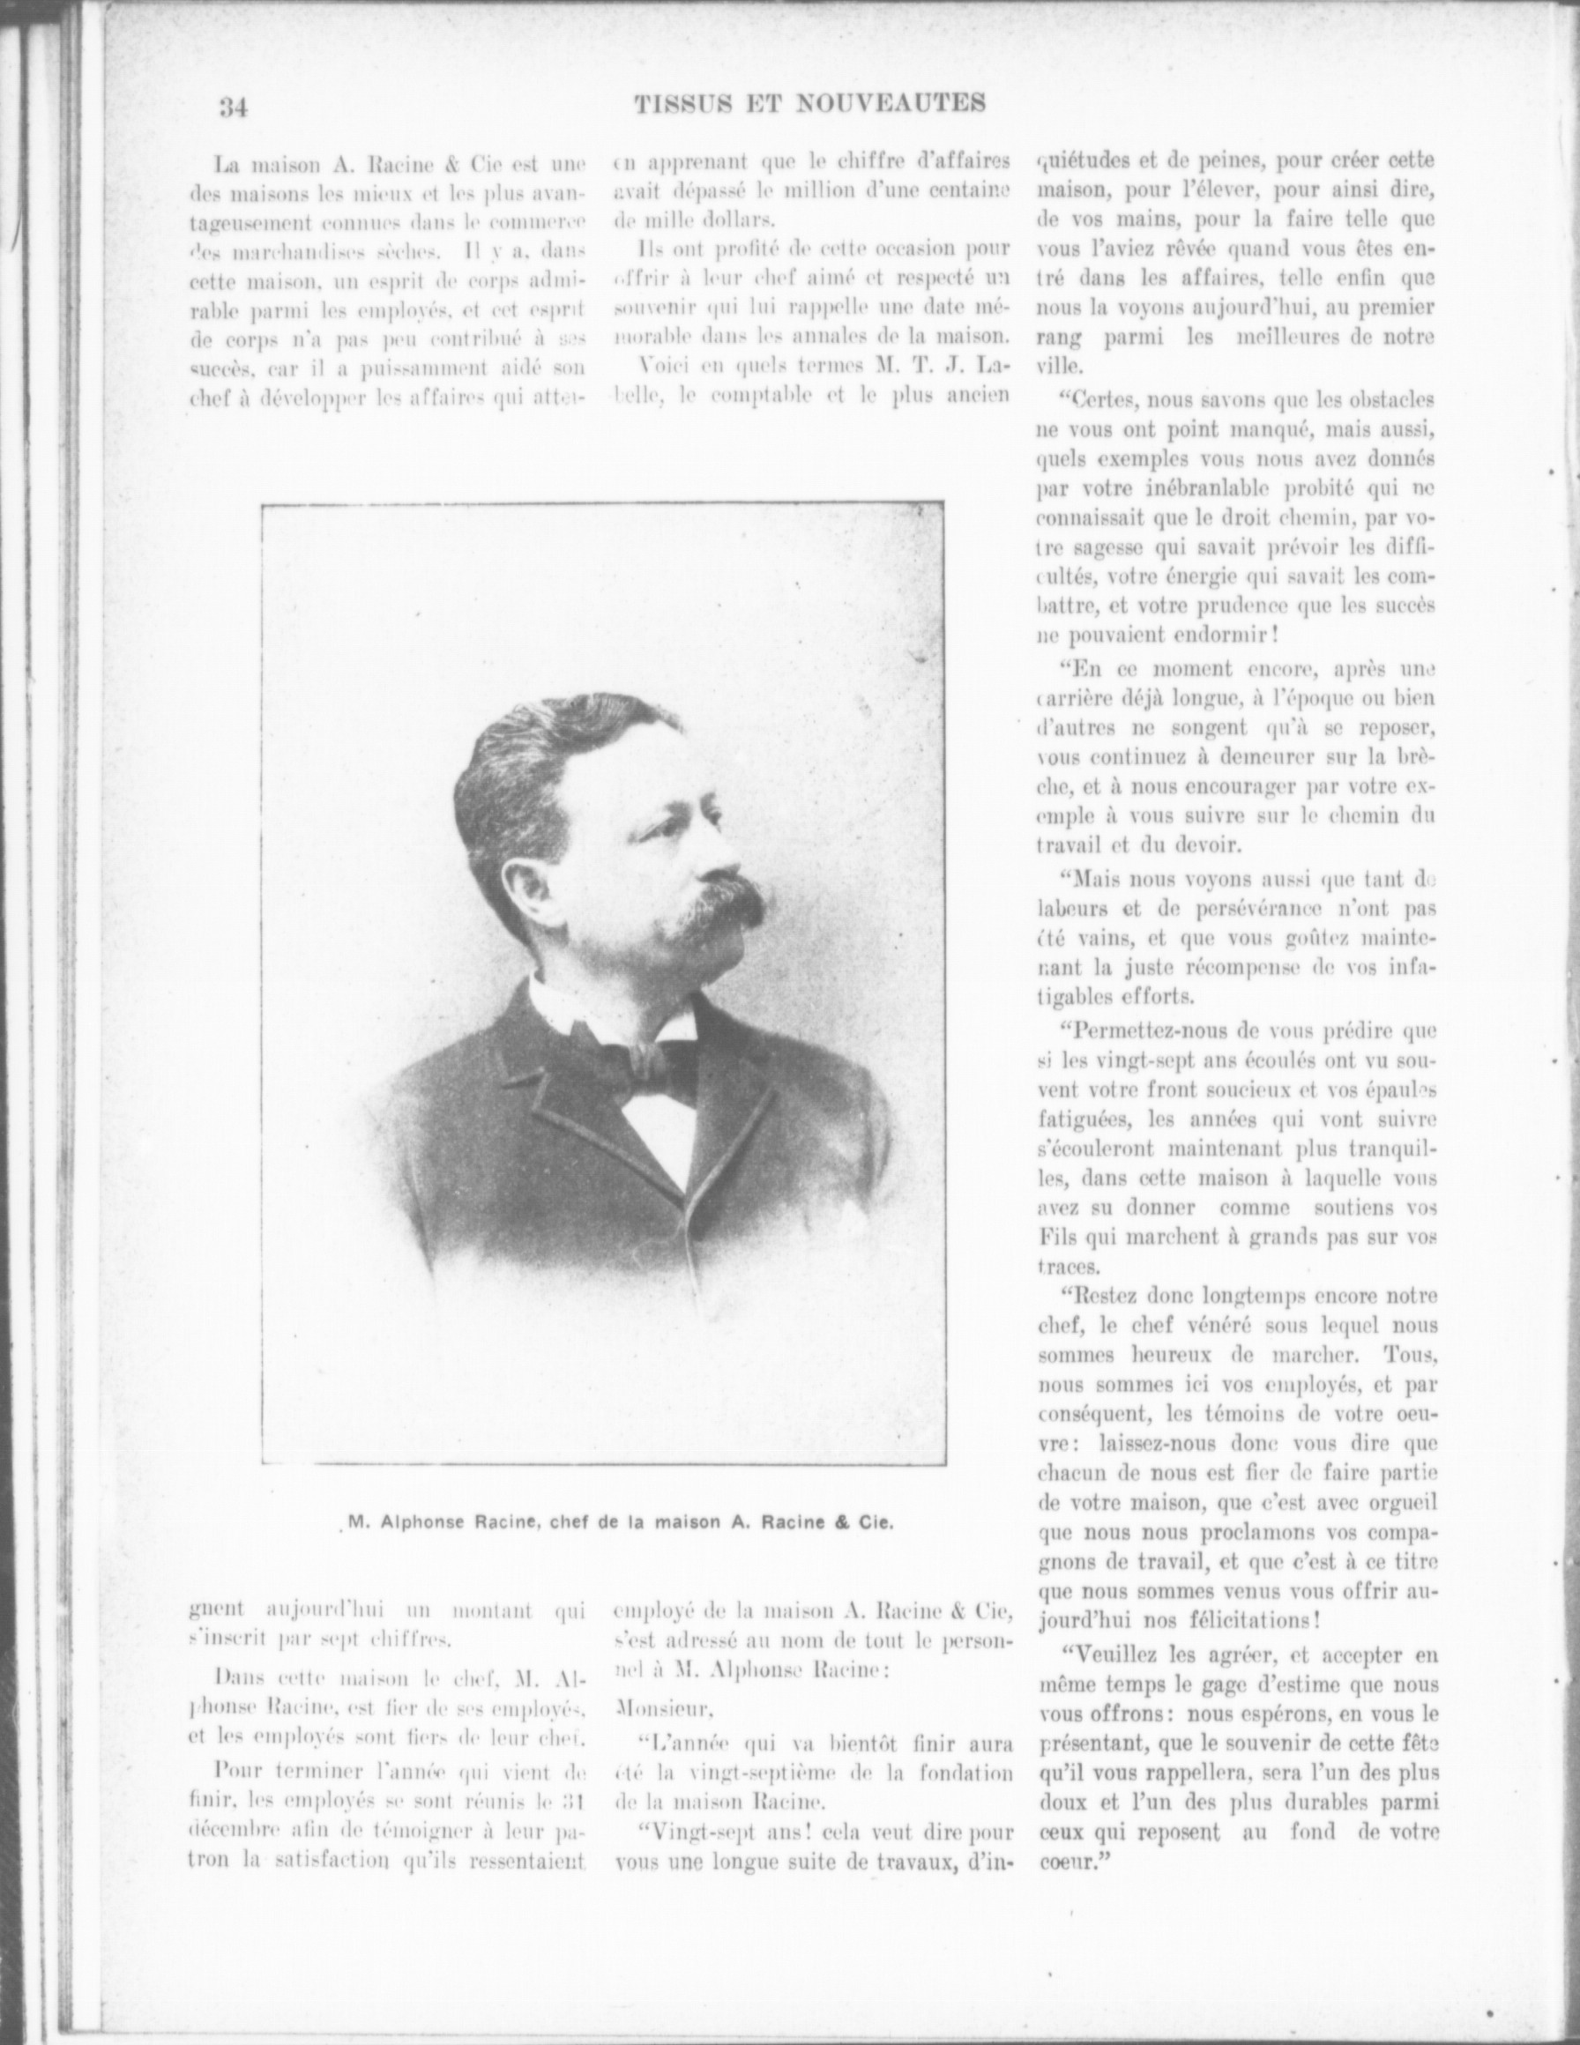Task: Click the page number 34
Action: (232, 107)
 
